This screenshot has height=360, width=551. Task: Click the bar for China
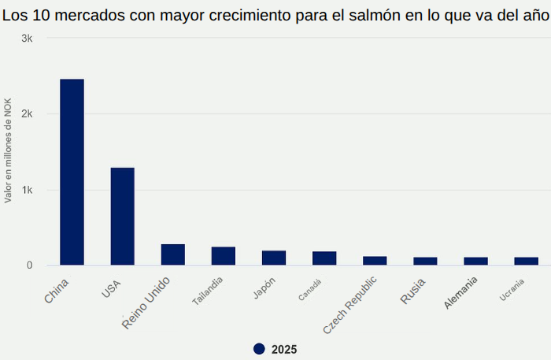[x=72, y=172]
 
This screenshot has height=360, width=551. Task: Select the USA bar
[x=122, y=216]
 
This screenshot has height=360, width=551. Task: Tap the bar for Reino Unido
[x=172, y=254]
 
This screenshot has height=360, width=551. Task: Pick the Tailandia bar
[x=223, y=256]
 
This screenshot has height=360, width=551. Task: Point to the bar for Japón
[x=273, y=258]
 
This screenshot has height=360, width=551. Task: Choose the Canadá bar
[x=324, y=258]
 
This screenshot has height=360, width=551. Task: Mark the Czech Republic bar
[x=374, y=261]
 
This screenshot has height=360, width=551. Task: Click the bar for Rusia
[x=424, y=262]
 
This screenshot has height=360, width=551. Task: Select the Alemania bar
[x=475, y=262]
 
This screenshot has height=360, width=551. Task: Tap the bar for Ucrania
[x=526, y=262]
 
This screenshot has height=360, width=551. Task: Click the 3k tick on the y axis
[x=26, y=39]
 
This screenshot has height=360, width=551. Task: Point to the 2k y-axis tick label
[x=26, y=114]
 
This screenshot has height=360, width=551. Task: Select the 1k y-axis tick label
[x=26, y=190]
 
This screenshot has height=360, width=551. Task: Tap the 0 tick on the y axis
[x=29, y=265]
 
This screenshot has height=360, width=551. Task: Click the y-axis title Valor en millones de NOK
[x=8, y=150]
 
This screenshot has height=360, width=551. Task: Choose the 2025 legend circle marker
[x=259, y=349]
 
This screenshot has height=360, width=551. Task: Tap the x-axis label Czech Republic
[x=354, y=303]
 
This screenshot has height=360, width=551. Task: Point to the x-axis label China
[x=57, y=291]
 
